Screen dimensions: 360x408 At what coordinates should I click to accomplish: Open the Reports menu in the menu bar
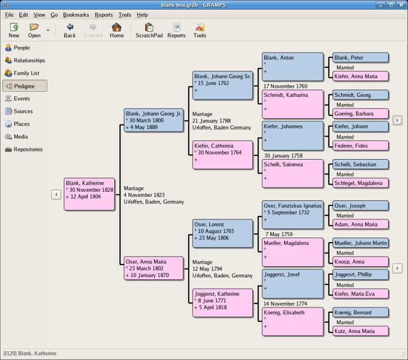104,15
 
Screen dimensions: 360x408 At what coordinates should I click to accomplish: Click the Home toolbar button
117,30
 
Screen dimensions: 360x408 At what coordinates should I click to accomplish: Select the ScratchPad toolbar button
149,30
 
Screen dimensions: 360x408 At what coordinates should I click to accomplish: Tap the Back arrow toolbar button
70,30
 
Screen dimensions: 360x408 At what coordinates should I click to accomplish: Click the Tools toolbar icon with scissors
200,30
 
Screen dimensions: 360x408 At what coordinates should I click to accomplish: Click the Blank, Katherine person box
89,194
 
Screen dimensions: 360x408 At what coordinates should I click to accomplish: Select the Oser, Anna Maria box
154,268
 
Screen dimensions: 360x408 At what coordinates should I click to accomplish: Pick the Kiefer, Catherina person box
223,155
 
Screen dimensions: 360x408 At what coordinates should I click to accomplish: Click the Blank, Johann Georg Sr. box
223,85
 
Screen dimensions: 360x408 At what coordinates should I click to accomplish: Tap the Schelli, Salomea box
293,173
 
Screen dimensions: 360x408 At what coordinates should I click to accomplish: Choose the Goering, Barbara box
360,114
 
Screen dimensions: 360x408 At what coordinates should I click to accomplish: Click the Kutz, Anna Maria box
360,331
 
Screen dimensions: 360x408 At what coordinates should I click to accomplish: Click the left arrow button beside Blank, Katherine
56,194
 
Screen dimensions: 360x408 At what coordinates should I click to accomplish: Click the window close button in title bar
400,5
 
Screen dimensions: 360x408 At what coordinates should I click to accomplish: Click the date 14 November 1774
285,304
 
